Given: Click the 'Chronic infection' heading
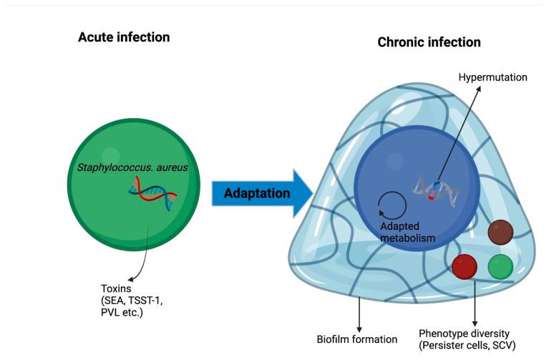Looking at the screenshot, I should click(429, 43).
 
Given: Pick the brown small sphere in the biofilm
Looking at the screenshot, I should click(500, 233).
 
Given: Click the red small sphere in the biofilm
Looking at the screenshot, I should click(465, 266).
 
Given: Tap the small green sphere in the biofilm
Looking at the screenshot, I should click(500, 267).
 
